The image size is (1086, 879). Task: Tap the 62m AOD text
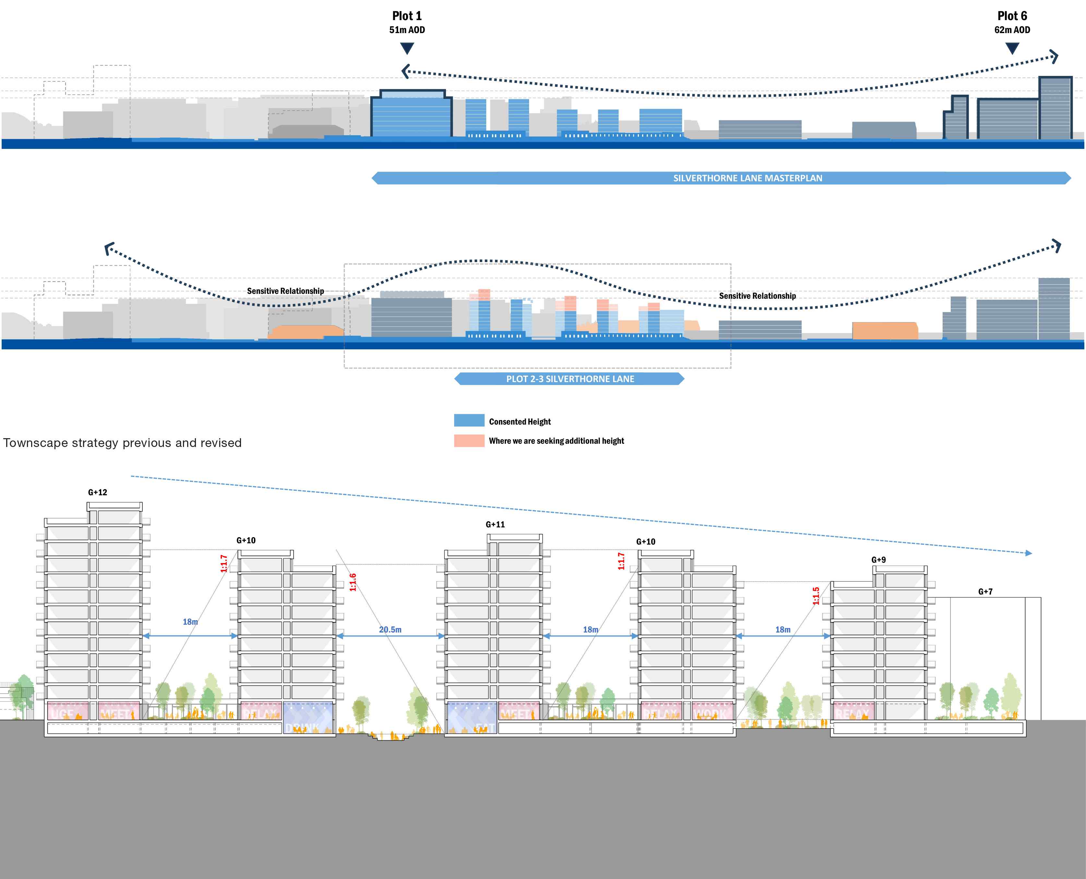pyautogui.click(x=1012, y=30)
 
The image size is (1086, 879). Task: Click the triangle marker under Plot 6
pyautogui.click(x=1012, y=48)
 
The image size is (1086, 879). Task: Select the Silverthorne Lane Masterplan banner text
pyautogui.click(x=747, y=178)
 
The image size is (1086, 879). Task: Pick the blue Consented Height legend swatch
pyautogui.click(x=469, y=420)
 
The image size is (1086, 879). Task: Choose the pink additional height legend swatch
pyautogui.click(x=469, y=440)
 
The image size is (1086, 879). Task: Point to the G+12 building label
pyautogui.click(x=97, y=492)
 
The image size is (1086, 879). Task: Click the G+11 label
pyautogui.click(x=495, y=524)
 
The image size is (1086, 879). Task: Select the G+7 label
pyautogui.click(x=985, y=591)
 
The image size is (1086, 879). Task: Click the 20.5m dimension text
pyautogui.click(x=390, y=629)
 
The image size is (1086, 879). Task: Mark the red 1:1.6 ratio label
pyautogui.click(x=353, y=582)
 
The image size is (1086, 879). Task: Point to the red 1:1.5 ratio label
pyautogui.click(x=816, y=596)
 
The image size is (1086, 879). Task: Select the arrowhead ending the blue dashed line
pyautogui.click(x=1028, y=553)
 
